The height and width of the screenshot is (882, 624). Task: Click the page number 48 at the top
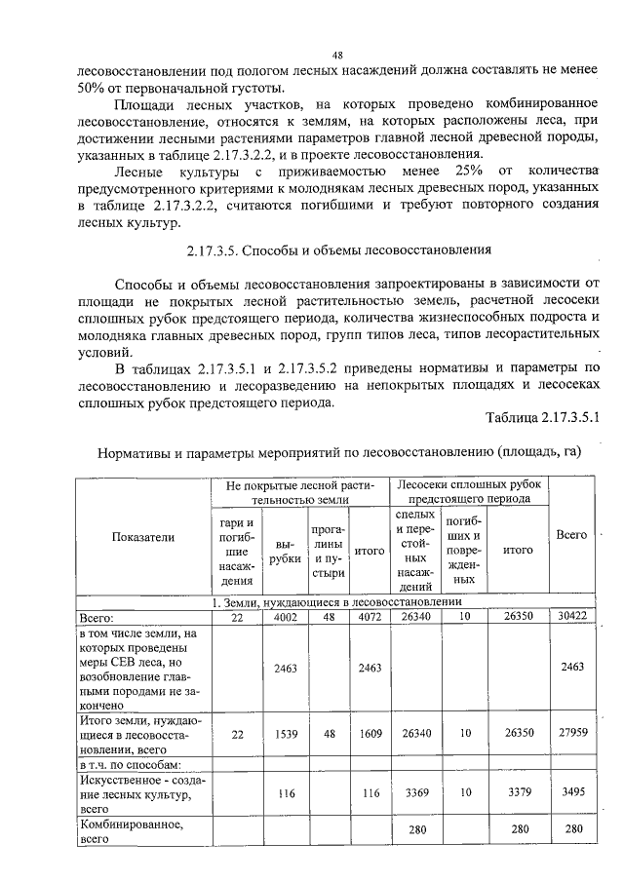tap(336, 57)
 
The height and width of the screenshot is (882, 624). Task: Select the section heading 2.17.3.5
tap(338, 249)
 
